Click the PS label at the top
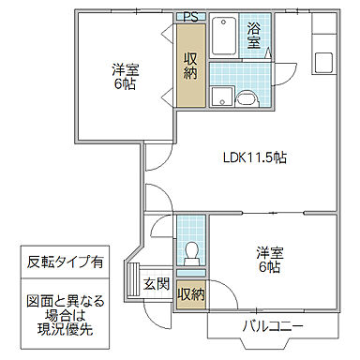(190, 17)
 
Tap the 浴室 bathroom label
(253, 36)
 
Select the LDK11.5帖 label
(254, 157)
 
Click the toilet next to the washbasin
(247, 96)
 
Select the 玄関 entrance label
(156, 284)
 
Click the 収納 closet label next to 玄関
(190, 294)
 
